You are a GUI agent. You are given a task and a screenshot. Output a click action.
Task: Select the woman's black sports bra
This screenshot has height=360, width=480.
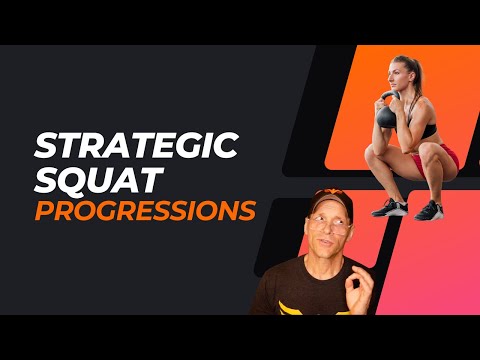coord(424,129)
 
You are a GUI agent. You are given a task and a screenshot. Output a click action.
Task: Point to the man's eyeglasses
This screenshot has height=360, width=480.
coord(330,227)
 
